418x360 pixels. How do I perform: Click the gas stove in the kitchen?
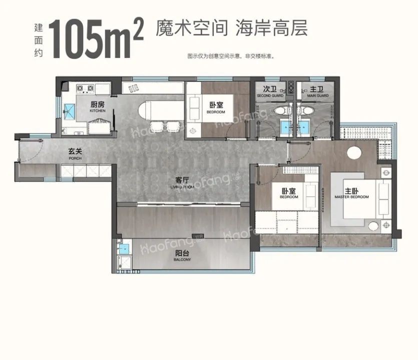pos(86,89)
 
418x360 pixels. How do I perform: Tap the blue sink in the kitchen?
pos(69,110)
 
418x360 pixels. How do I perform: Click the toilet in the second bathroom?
pos(279,110)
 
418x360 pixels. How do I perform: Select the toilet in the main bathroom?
pos(305,110)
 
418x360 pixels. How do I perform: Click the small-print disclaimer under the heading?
pos(231,56)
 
